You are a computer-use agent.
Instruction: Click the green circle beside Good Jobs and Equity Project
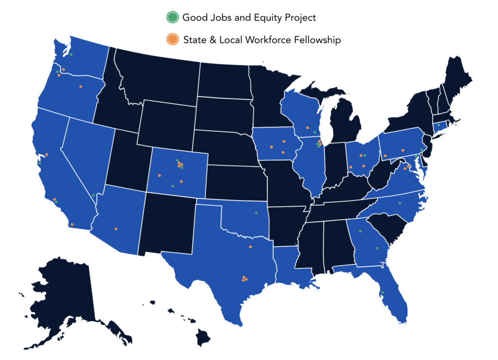click(x=171, y=18)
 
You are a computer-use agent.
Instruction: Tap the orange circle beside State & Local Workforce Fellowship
click(x=171, y=40)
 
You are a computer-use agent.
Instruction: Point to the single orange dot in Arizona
click(x=116, y=229)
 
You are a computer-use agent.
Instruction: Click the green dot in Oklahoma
click(x=256, y=213)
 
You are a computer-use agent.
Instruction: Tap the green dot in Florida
click(x=382, y=292)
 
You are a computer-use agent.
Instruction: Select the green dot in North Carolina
click(x=400, y=203)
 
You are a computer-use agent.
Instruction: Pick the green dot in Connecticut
click(x=438, y=125)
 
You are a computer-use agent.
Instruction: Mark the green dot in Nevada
click(x=93, y=195)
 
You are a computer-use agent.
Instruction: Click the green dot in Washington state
click(x=71, y=54)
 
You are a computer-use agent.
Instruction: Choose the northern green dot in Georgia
click(x=360, y=231)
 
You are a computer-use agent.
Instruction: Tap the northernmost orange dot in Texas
click(x=250, y=247)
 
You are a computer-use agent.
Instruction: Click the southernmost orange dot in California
click(x=72, y=224)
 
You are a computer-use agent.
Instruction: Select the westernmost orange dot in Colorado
click(x=160, y=175)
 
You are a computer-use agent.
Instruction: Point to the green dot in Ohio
click(x=365, y=156)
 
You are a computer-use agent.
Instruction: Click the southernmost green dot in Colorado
click(x=172, y=186)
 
